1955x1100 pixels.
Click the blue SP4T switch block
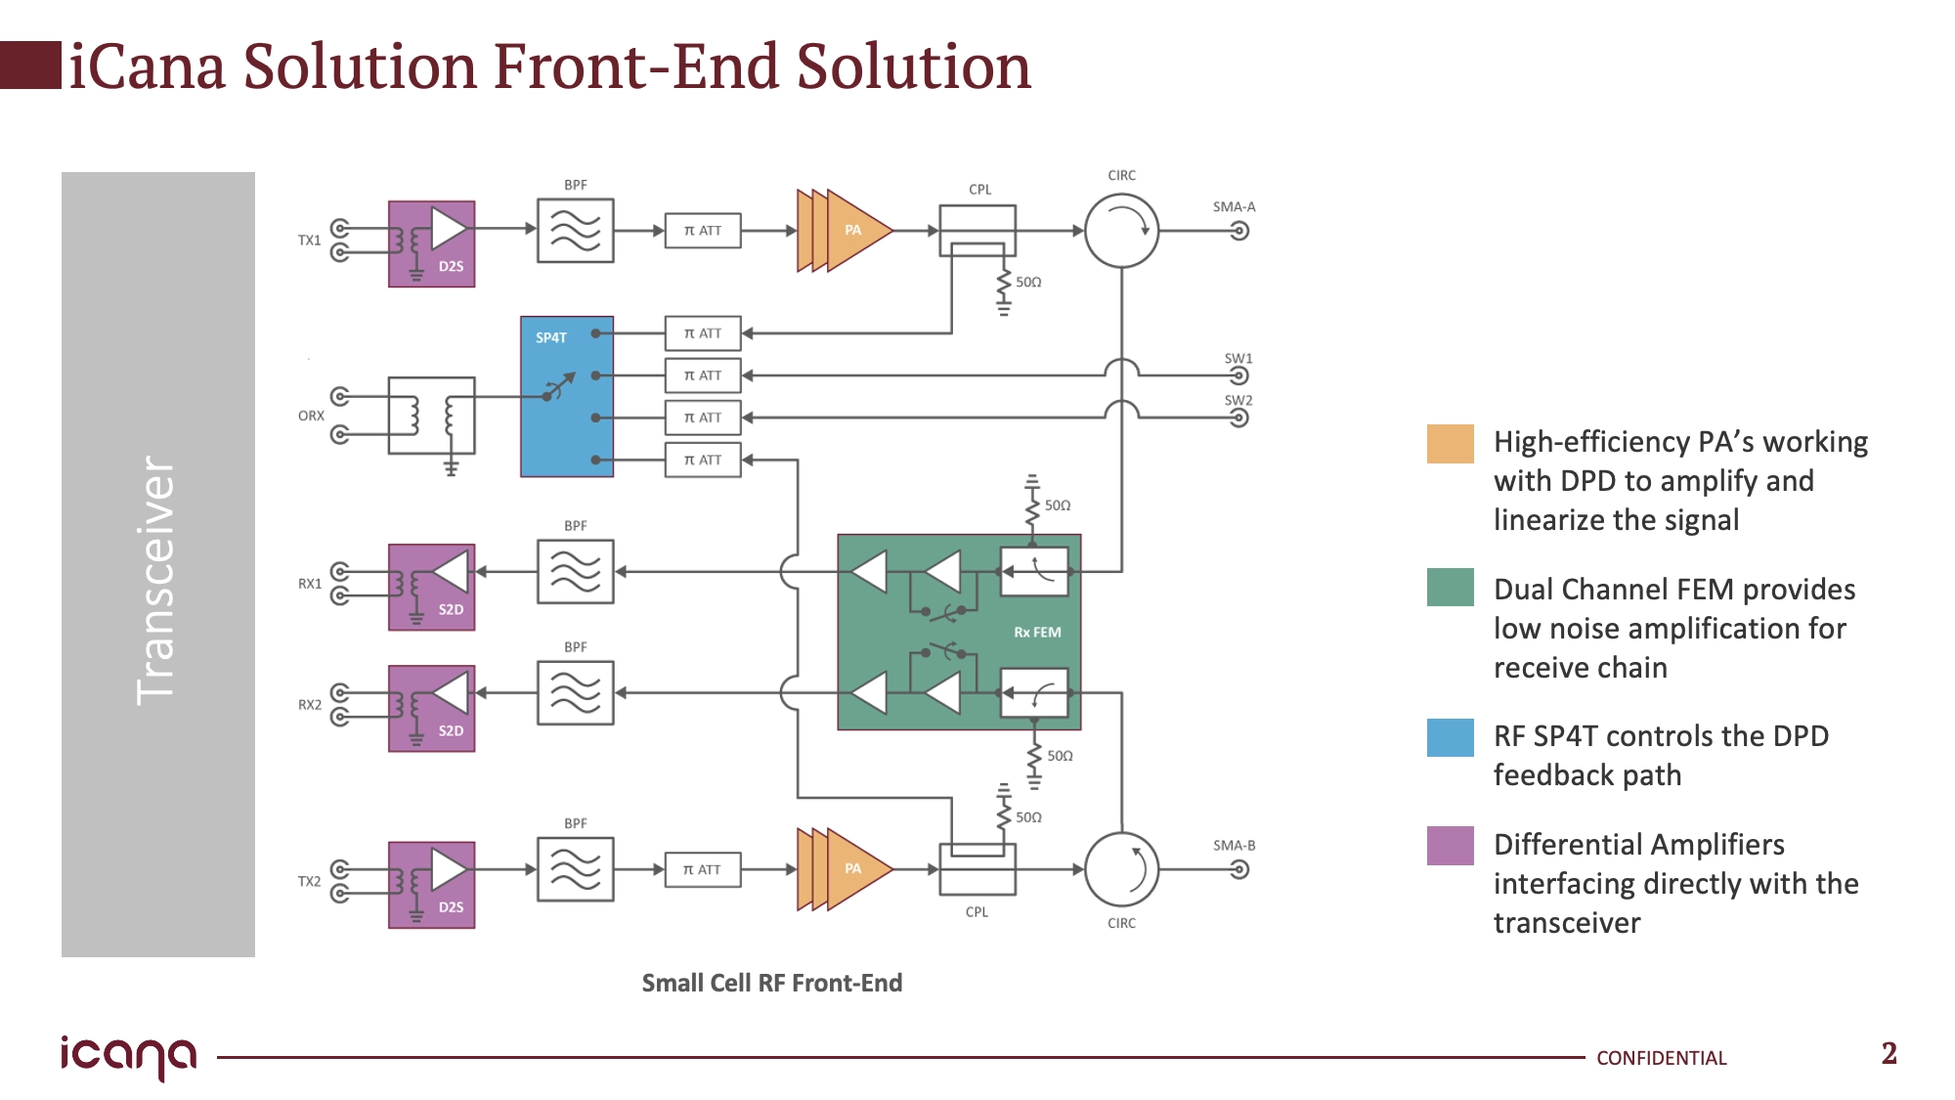coord(567,396)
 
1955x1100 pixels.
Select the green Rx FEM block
coord(959,632)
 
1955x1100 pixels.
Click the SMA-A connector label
coord(1234,207)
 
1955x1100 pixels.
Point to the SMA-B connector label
coord(1234,846)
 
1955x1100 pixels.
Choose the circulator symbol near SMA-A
coord(1122,231)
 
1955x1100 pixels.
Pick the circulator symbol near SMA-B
coord(1122,869)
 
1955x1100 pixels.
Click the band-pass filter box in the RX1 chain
coord(576,572)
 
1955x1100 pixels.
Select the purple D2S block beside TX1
coord(432,244)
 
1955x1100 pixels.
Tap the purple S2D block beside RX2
coord(432,709)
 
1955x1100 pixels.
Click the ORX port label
coord(311,416)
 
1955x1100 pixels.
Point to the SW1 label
coord(1238,359)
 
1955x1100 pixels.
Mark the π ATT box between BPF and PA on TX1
coord(703,231)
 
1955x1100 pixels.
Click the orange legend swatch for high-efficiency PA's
coord(1451,444)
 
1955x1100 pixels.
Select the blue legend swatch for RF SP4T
coord(1451,738)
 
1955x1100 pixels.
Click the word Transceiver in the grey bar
coord(156,580)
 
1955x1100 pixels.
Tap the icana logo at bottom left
coord(128,1057)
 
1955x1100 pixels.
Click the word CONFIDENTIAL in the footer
coord(1662,1058)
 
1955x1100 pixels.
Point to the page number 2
coord(1889,1053)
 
